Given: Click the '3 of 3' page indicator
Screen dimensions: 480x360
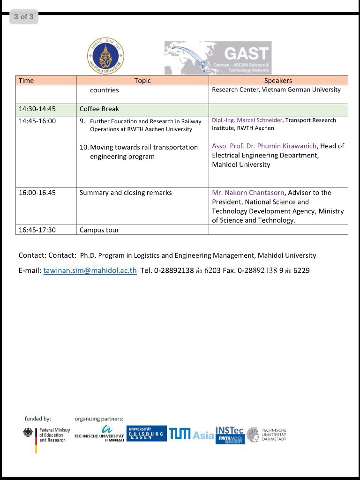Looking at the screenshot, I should pyautogui.click(x=23, y=17).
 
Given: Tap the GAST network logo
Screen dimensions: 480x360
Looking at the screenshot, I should pyautogui.click(x=217, y=58).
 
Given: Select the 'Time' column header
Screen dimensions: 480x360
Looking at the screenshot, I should pyautogui.click(x=26, y=81).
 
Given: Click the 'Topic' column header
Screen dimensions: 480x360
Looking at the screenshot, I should pyautogui.click(x=142, y=81).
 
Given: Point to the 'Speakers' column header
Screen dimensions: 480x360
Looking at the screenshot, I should pyautogui.click(x=278, y=81).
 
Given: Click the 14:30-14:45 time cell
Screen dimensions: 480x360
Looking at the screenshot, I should pyautogui.click(x=37, y=109).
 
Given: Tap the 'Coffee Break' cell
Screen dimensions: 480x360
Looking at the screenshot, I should pyautogui.click(x=99, y=109).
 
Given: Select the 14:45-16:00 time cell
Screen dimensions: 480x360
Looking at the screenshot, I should pyautogui.click(x=37, y=121).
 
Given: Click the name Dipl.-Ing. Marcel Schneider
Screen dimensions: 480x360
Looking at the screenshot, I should pyautogui.click(x=247, y=120).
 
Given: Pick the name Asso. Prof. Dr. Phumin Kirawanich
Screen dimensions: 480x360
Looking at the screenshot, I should pyautogui.click(x=264, y=146).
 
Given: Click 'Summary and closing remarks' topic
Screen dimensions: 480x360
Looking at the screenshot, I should pyautogui.click(x=126, y=193).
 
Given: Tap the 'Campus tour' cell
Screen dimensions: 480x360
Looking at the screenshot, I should pyautogui.click(x=99, y=230).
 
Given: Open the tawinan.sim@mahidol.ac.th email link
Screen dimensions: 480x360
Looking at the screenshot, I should pyautogui.click(x=90, y=270).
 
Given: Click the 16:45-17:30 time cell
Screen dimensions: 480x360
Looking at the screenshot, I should pyautogui.click(x=37, y=230).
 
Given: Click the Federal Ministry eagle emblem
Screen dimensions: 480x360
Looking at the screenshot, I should pyautogui.click(x=28, y=434).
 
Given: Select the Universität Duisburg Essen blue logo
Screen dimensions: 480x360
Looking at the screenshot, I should pyautogui.click(x=146, y=433).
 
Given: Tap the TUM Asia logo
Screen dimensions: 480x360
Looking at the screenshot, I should pyautogui.click(x=191, y=435).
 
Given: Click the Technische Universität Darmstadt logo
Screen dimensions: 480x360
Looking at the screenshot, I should pyautogui.click(x=266, y=435).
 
